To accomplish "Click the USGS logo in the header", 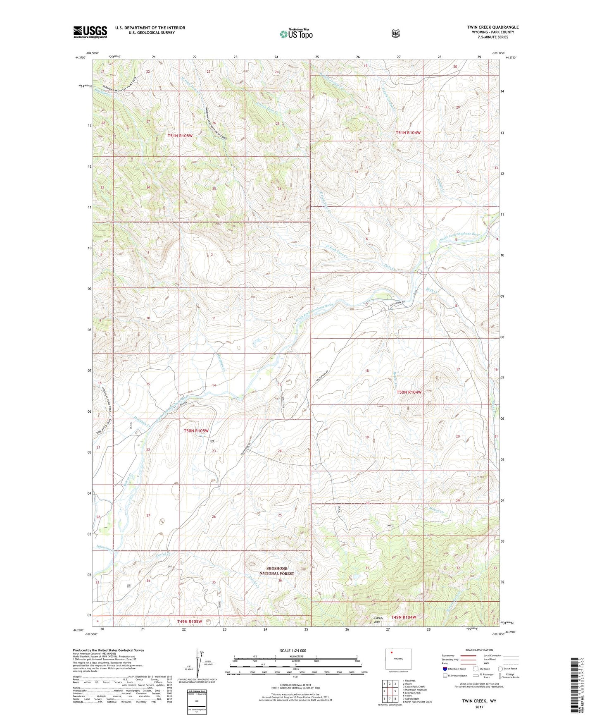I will pyautogui.click(x=90, y=32).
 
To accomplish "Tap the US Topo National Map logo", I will pyautogui.click(x=296, y=33).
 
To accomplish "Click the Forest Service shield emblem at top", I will pyautogui.click(x=395, y=33).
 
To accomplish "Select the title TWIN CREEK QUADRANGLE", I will pyautogui.click(x=493, y=27).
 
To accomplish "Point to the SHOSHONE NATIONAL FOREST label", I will pyautogui.click(x=276, y=571).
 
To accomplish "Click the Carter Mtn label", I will pyautogui.click(x=378, y=619).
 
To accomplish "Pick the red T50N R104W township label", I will pyautogui.click(x=409, y=392).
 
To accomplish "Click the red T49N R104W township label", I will pyautogui.click(x=403, y=617).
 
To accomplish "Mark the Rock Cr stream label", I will pyautogui.click(x=432, y=291).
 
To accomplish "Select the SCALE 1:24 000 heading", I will pyautogui.click(x=293, y=650).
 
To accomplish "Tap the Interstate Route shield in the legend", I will pyautogui.click(x=445, y=669).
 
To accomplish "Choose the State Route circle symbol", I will pyautogui.click(x=500, y=669).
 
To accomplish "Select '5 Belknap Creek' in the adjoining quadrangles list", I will pyautogui.click(x=411, y=693).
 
